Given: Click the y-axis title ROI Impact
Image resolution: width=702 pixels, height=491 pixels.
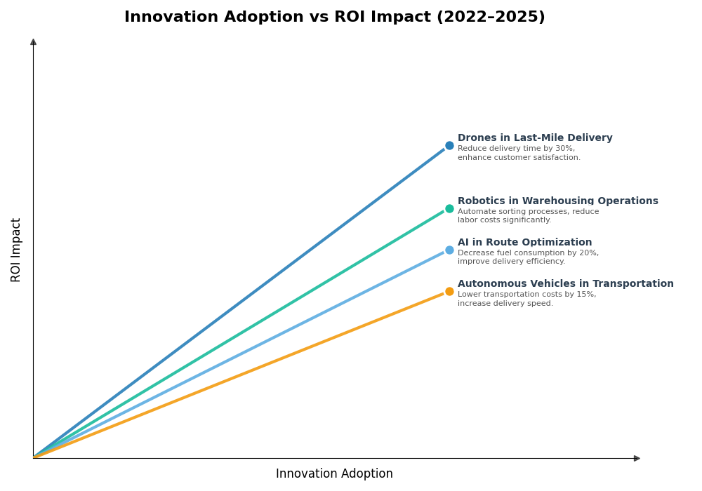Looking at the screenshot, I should click(16, 250).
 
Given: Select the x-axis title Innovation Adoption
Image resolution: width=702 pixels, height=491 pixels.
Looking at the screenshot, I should click(334, 474).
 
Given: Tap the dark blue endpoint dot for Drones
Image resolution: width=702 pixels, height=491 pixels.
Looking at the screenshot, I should click(449, 146).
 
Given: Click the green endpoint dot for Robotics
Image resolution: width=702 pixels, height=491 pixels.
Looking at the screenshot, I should click(449, 208).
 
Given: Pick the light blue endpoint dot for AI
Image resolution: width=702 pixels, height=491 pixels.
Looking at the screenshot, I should click(449, 250).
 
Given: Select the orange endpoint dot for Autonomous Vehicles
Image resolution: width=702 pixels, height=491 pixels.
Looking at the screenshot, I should click(449, 291).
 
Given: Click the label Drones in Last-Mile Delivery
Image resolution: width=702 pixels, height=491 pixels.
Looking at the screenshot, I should click(535, 138).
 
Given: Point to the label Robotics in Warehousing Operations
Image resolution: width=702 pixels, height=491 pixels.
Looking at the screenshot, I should click(557, 201).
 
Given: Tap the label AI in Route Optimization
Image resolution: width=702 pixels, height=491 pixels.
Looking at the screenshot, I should click(524, 243).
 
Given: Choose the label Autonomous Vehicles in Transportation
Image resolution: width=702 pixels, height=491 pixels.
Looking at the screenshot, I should click(565, 284).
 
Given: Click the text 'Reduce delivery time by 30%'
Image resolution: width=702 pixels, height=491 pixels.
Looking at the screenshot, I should click(516, 149).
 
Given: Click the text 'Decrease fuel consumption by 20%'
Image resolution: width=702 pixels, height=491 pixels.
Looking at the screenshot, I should click(528, 253).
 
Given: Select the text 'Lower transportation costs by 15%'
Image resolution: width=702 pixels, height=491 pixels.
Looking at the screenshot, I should click(526, 295).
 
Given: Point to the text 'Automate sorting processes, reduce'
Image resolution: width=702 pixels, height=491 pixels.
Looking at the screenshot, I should click(528, 212).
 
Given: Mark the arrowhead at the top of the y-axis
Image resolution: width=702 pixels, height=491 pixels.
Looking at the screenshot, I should click(33, 42).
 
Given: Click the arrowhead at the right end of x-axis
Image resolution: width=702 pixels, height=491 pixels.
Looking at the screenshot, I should click(637, 458).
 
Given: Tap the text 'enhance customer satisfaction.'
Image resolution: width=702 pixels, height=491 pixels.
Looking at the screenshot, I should click(519, 158).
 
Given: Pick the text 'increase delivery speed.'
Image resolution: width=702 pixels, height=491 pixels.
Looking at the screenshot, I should click(505, 304).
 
